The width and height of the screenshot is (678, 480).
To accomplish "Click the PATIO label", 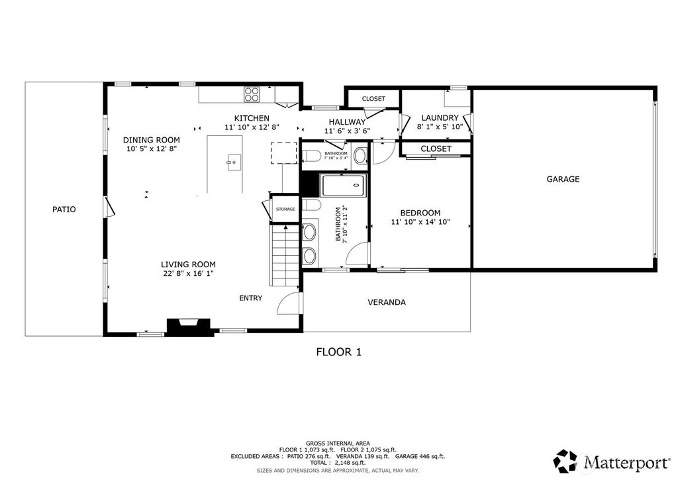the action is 64,210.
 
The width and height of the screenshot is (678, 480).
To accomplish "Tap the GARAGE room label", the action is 563,179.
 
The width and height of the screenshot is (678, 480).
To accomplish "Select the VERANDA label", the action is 387,302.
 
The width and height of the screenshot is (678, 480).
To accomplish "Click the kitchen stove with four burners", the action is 252,94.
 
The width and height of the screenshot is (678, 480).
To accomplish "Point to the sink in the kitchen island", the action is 234,162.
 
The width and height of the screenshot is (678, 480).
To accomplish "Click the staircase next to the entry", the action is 285,255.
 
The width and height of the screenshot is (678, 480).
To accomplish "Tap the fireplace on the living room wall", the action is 189,327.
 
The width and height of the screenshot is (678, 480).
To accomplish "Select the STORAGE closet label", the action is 285,209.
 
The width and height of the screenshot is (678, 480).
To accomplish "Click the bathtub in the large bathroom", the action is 344,186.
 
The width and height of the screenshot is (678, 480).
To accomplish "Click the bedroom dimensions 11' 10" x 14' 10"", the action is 420,222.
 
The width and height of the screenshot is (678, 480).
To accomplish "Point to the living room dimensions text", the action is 189,274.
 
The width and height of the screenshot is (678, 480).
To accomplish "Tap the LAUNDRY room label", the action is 440,118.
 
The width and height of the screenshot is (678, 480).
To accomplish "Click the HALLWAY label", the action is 347,122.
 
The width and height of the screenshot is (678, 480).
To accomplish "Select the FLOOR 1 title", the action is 338,352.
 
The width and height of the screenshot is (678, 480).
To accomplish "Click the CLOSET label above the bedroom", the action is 436,149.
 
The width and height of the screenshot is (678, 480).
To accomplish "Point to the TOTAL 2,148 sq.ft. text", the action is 338,463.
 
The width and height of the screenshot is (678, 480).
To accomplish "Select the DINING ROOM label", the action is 152,140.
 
